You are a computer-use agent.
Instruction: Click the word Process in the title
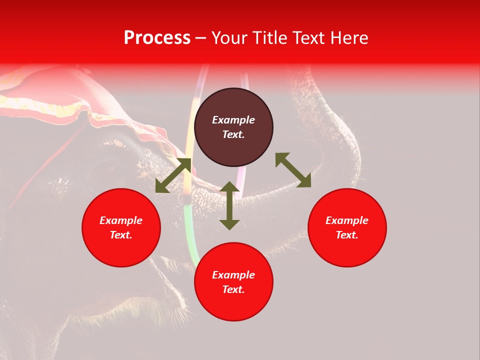(x=157, y=38)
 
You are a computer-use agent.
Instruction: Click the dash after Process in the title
(x=200, y=39)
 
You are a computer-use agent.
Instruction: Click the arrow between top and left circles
(x=173, y=175)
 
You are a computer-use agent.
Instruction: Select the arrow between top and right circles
(x=293, y=170)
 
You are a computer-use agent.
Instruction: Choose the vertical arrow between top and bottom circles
(x=229, y=205)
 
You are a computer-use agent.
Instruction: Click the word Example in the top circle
(x=233, y=120)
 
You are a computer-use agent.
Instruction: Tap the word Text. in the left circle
(x=121, y=235)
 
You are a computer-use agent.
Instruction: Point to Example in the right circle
(x=347, y=220)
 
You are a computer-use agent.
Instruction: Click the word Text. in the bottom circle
(x=233, y=289)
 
